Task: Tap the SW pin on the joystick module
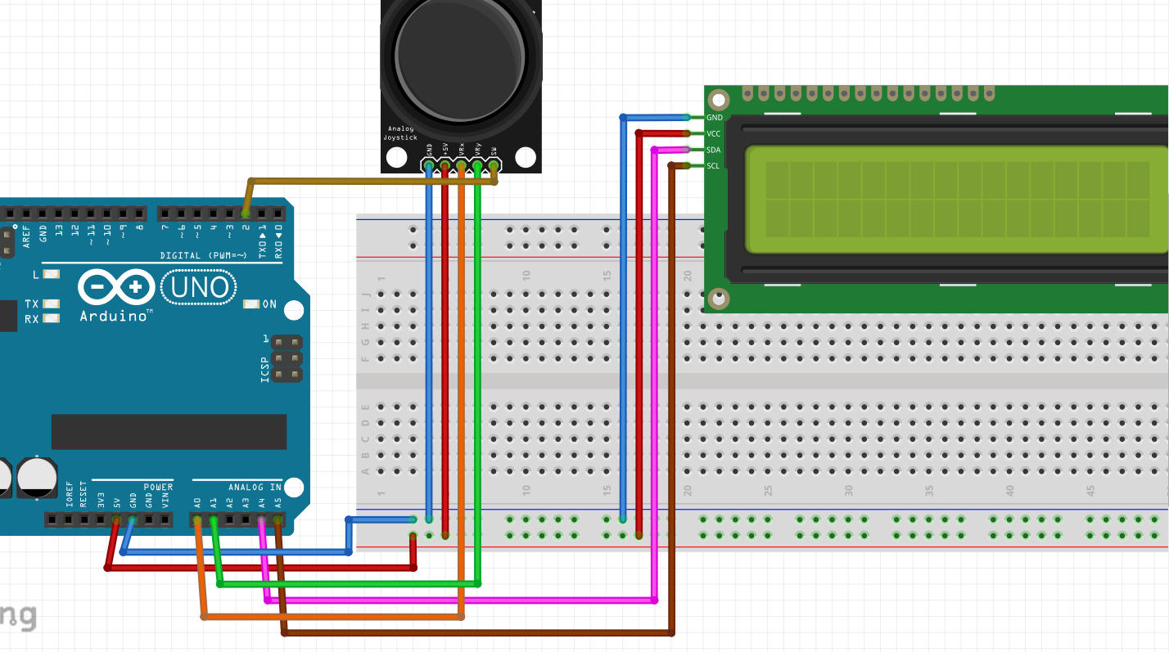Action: (x=494, y=166)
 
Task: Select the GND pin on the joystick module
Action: (x=429, y=166)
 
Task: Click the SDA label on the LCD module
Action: (x=713, y=150)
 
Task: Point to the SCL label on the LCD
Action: (x=713, y=166)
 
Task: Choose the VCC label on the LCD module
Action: (x=713, y=133)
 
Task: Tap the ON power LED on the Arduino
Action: (x=251, y=304)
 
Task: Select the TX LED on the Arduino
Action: (x=52, y=304)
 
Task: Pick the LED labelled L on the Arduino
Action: (x=52, y=275)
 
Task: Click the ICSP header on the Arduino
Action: (x=287, y=358)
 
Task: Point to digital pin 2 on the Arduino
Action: (x=246, y=213)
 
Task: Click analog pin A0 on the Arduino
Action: (x=196, y=519)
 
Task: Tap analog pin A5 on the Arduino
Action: (x=278, y=519)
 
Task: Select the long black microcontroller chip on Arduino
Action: (x=169, y=431)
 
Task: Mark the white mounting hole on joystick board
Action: (x=525, y=156)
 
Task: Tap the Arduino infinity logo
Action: (x=116, y=287)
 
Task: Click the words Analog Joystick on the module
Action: (x=402, y=133)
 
